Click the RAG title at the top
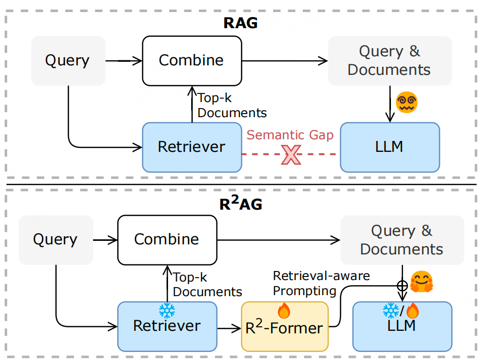[240, 23]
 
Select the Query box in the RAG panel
[68, 60]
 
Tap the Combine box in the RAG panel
[191, 60]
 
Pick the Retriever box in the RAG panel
[191, 147]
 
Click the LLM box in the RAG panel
[390, 147]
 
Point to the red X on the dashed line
[291, 154]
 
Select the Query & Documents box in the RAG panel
[389, 60]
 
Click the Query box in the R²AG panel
[55, 239]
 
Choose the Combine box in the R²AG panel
[167, 239]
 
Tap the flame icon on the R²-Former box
[284, 311]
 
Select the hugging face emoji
[422, 283]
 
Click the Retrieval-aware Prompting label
[321, 283]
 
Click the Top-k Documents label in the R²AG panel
[207, 285]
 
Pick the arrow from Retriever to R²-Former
[229, 328]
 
